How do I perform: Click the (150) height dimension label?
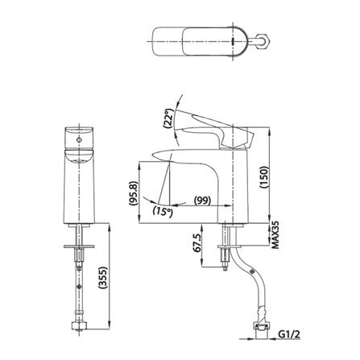(x=264, y=177)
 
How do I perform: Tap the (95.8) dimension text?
(x=134, y=193)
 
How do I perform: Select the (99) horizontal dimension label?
(x=202, y=201)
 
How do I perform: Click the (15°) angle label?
(x=163, y=212)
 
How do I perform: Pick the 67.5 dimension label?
(x=197, y=242)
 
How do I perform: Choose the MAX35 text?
(x=275, y=235)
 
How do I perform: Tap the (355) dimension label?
(x=103, y=277)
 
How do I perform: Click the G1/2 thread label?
(x=288, y=334)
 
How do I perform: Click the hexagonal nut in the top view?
(x=263, y=41)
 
